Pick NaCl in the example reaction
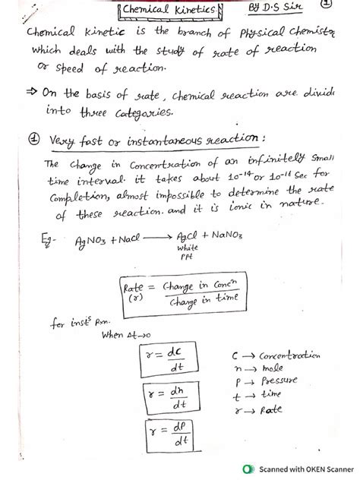coord(127,241)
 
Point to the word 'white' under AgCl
coord(186,248)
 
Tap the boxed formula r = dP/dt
coord(167,435)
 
